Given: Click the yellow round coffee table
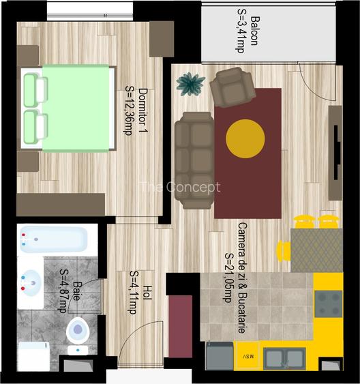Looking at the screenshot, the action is (x=245, y=138).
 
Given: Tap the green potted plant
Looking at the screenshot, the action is (x=191, y=84).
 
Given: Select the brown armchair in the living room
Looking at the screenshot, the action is (x=232, y=87).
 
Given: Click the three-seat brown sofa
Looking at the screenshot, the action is (x=194, y=160).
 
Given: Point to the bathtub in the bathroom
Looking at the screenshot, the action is (x=54, y=239).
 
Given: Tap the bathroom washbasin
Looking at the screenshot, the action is (x=31, y=283).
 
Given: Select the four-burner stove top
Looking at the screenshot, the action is (x=329, y=304).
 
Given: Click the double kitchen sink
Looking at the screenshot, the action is (x=284, y=359).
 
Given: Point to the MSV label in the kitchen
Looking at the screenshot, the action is (x=248, y=356).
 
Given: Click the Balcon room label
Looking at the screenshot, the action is (x=255, y=31).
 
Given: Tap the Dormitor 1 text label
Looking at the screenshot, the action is (x=143, y=110).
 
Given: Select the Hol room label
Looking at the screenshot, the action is (x=148, y=293).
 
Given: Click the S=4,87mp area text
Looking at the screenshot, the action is (x=63, y=291).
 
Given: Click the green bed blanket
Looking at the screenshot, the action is (x=76, y=108).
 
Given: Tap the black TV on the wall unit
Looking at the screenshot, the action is (x=337, y=153).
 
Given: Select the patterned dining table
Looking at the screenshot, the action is (x=316, y=250).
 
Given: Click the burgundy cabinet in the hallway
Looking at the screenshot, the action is (x=181, y=326).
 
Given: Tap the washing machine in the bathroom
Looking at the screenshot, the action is (x=34, y=356).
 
